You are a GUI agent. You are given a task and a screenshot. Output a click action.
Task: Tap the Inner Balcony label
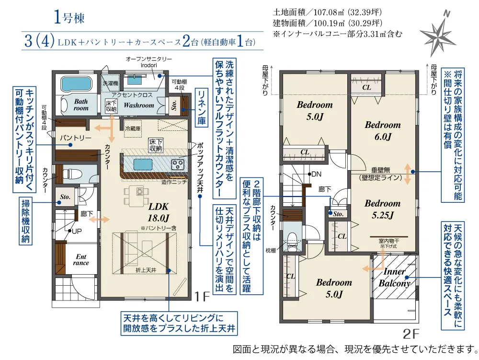(395, 278)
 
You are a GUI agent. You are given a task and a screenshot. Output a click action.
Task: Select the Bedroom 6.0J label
(382, 130)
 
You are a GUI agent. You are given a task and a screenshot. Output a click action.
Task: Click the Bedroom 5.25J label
(382, 209)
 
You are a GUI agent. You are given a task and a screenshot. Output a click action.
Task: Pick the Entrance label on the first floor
(81, 259)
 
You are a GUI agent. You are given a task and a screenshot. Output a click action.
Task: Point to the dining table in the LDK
(139, 192)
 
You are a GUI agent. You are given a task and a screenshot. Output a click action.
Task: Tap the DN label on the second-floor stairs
(316, 174)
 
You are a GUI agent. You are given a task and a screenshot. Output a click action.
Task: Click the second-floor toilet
(292, 238)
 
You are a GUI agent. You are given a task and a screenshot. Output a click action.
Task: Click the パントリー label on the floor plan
(75, 138)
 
